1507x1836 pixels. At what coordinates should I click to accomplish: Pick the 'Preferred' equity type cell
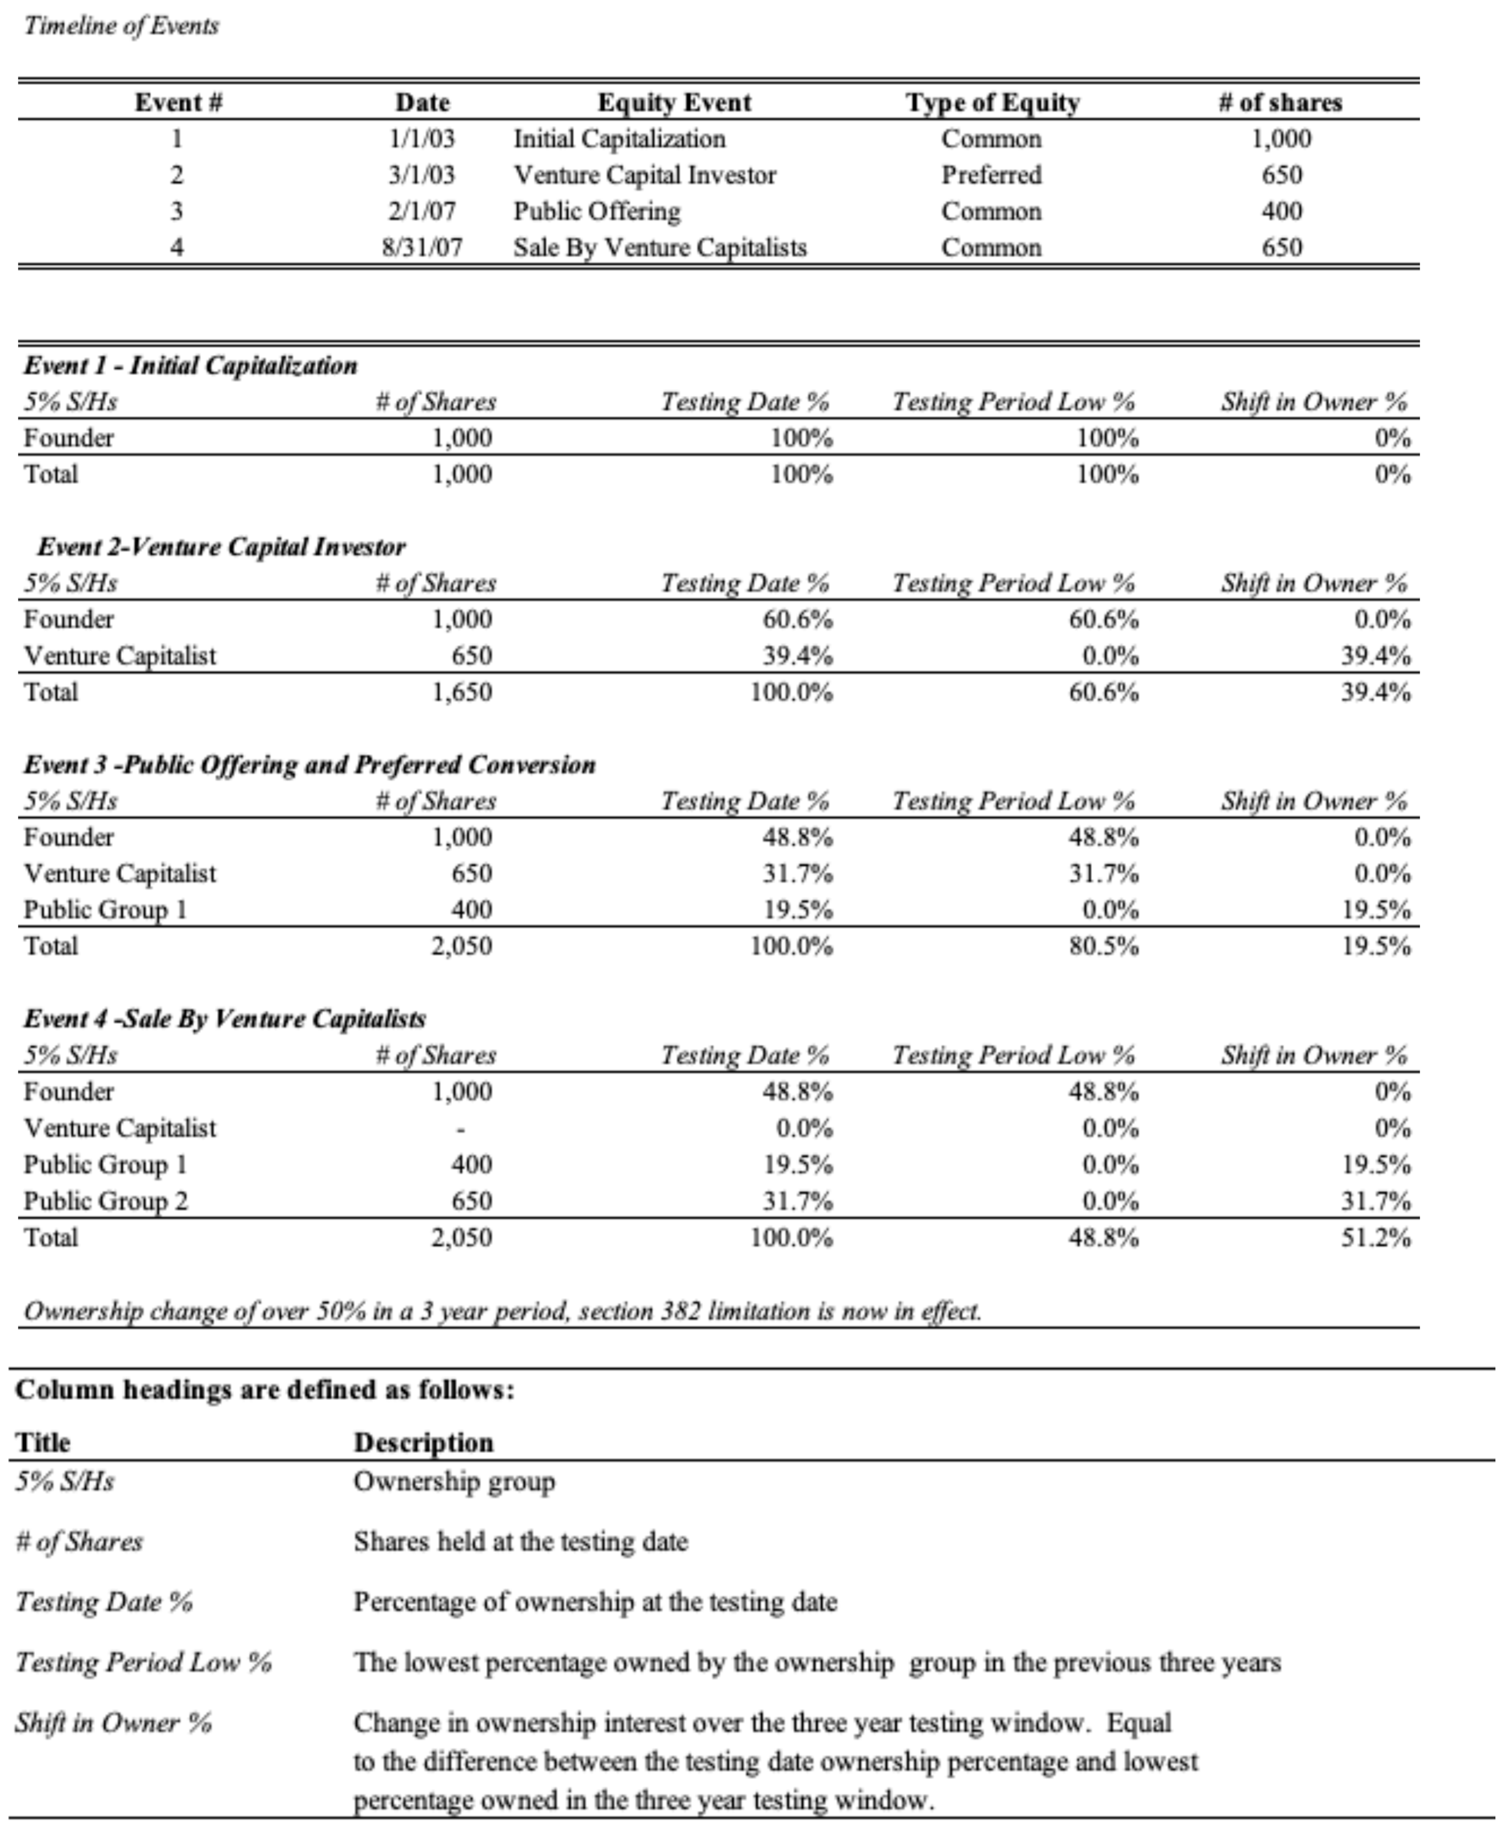click(991, 175)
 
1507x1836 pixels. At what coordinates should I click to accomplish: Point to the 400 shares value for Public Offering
click(1281, 212)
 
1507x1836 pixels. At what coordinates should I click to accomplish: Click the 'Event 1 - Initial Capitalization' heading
click(190, 366)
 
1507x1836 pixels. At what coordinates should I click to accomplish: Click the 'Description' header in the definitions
click(424, 1443)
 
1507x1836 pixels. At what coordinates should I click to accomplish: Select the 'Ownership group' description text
click(454, 1482)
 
